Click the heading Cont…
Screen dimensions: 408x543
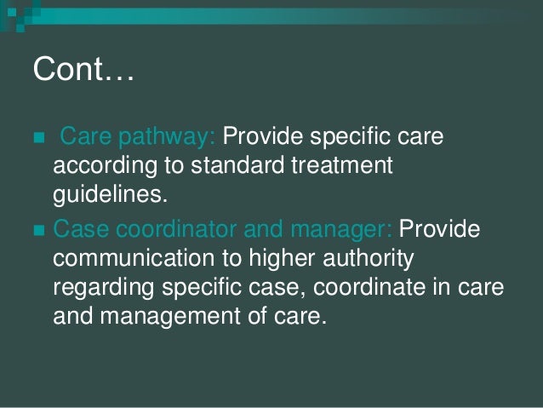[83, 69]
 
